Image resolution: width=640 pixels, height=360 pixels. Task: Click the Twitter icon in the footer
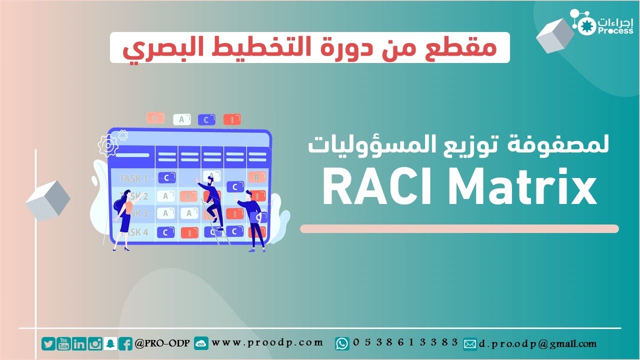coord(48,343)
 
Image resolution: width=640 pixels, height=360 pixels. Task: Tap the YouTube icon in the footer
coord(63,343)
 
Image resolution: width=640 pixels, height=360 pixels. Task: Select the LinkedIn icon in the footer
coord(79,343)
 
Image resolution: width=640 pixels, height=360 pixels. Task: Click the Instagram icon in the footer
coord(95,343)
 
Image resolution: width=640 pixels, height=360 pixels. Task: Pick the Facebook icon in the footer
coord(126,343)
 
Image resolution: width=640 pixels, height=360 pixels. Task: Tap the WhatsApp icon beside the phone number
coord(342,343)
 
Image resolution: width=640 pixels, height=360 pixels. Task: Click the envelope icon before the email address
coord(470,344)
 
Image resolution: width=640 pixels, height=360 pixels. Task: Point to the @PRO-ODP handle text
coord(161,343)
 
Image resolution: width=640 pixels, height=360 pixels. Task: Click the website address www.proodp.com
coord(267,342)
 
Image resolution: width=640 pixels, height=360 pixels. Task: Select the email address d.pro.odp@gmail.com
coord(538,344)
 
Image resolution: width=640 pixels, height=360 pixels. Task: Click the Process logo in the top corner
coord(605,25)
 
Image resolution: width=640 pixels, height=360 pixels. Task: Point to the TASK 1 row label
coord(133,178)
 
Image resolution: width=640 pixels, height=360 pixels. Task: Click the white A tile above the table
coord(181,119)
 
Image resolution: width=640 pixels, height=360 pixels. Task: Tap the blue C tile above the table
coord(206,119)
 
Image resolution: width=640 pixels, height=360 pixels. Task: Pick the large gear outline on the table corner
coord(107,145)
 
